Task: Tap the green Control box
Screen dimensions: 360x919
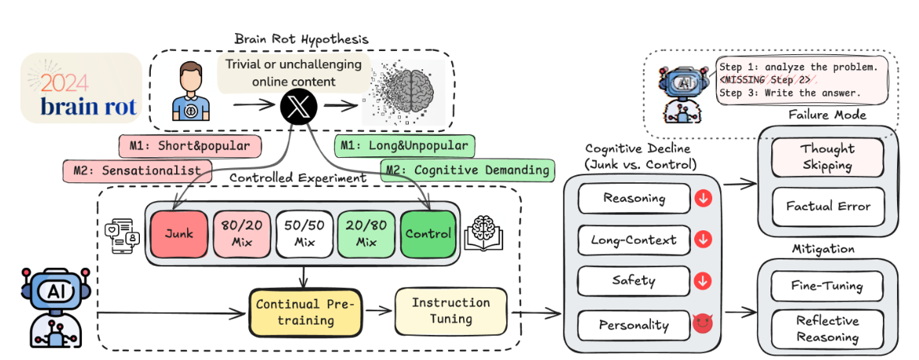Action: click(428, 233)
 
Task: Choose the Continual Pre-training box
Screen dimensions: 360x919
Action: click(306, 312)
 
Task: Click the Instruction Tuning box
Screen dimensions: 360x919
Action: click(450, 310)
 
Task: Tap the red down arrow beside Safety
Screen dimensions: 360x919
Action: click(702, 280)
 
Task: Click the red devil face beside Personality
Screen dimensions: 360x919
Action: click(702, 324)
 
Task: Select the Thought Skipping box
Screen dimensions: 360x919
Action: click(827, 157)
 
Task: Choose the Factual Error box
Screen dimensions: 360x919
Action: click(827, 206)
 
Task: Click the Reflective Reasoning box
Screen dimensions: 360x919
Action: click(827, 329)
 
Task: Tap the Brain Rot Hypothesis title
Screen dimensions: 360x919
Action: click(301, 39)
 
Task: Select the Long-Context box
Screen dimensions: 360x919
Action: click(634, 240)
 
